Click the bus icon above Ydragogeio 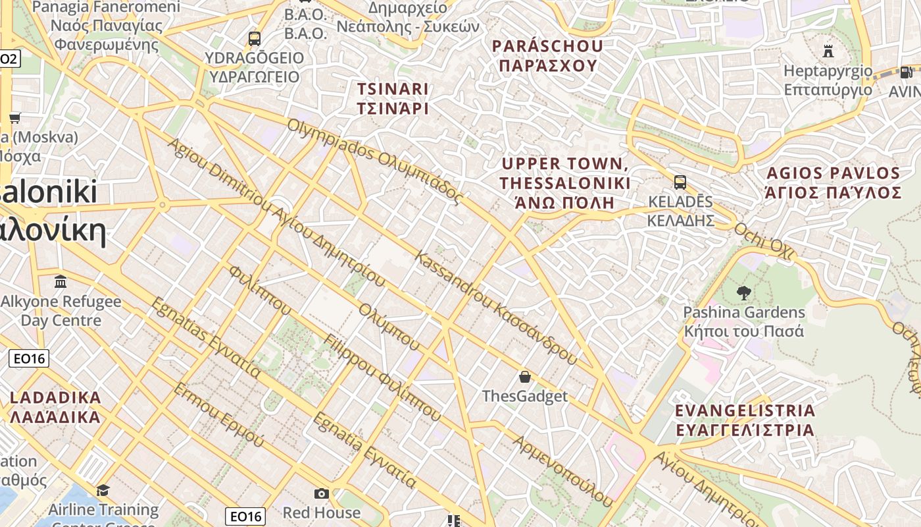pyautogui.click(x=255, y=39)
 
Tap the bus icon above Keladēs pyautogui.click(x=680, y=182)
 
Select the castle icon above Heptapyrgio pyautogui.click(x=828, y=51)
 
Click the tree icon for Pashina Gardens pyautogui.click(x=744, y=292)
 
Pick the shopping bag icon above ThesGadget pyautogui.click(x=525, y=377)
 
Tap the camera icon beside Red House pyautogui.click(x=322, y=493)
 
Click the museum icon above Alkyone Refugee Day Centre pyautogui.click(x=61, y=282)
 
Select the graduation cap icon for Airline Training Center pyautogui.click(x=103, y=490)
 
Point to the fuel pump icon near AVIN pyautogui.click(x=906, y=72)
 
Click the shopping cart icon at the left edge pyautogui.click(x=14, y=118)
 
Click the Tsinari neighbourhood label pyautogui.click(x=393, y=98)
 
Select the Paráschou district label pyautogui.click(x=547, y=56)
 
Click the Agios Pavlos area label pyautogui.click(x=833, y=182)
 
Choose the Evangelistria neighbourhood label pyautogui.click(x=745, y=420)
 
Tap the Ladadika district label pyautogui.click(x=55, y=407)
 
